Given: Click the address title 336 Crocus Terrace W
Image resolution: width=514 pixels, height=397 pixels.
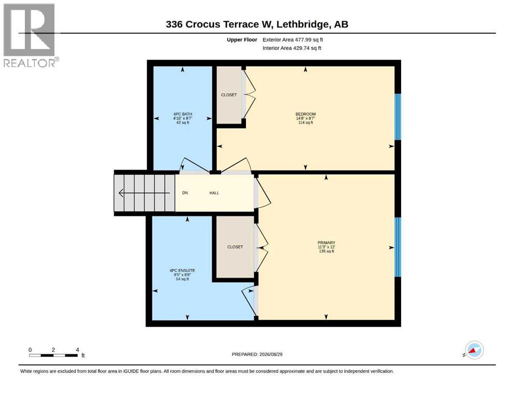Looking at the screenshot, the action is [x=219, y=24].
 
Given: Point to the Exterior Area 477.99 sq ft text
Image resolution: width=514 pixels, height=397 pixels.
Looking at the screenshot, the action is [x=293, y=40].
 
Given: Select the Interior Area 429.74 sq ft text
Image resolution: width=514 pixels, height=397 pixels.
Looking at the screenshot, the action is [x=292, y=48].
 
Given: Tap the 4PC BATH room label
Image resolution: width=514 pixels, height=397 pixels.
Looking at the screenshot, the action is [x=183, y=114].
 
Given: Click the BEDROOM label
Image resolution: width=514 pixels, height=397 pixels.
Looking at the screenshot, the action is [x=305, y=114].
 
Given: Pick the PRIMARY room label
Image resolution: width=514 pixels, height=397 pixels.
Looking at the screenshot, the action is [x=326, y=243].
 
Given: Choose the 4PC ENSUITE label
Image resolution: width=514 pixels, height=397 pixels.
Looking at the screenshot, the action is [x=182, y=271].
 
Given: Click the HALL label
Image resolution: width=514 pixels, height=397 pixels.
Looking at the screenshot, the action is [x=214, y=193].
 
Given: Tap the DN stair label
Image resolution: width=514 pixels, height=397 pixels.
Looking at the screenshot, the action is [x=185, y=193].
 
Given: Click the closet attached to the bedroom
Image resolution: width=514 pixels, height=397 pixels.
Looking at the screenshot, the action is [x=229, y=95].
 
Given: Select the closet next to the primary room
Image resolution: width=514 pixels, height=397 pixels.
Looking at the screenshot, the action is [x=235, y=247].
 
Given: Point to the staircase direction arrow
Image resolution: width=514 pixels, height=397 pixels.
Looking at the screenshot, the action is [x=144, y=193].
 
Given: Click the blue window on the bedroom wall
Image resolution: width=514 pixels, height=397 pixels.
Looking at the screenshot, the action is [x=398, y=117].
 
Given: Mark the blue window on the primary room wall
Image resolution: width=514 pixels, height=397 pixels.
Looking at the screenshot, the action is [x=398, y=247].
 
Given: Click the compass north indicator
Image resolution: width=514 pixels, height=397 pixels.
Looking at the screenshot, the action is [x=474, y=350].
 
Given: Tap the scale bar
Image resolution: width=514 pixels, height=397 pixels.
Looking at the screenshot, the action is [x=53, y=355].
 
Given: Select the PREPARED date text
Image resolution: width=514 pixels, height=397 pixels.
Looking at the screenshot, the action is [x=257, y=354].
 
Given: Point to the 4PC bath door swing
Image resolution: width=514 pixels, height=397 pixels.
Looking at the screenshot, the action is [x=195, y=165].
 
